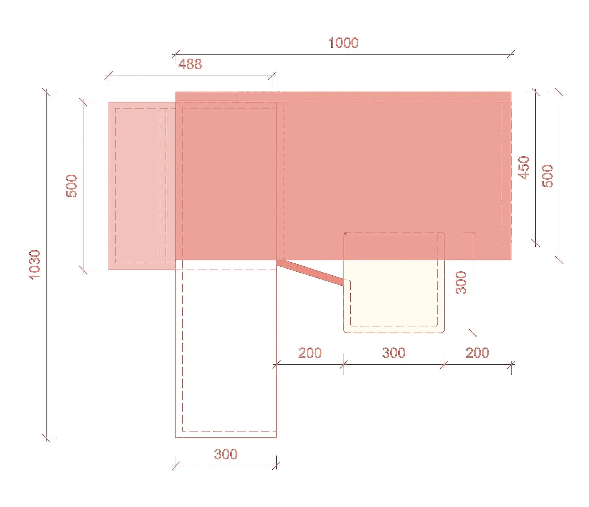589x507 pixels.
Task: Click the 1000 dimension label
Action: pyautogui.click(x=343, y=43)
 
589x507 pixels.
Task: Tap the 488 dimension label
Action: pyautogui.click(x=190, y=64)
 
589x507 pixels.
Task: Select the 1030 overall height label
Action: pyautogui.click(x=35, y=265)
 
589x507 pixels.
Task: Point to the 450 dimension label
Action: pyautogui.click(x=524, y=168)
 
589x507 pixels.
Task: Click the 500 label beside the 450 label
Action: pyautogui.click(x=548, y=176)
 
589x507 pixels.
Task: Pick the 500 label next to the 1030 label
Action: pyautogui.click(x=71, y=186)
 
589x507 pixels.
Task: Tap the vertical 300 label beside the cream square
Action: pyautogui.click(x=461, y=283)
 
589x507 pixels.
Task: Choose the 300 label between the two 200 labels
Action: pyautogui.click(x=394, y=353)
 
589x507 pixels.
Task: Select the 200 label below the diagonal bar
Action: pyautogui.click(x=310, y=353)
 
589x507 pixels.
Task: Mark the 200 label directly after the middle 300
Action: pyautogui.click(x=477, y=353)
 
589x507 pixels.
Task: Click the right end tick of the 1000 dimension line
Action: pyautogui.click(x=511, y=54)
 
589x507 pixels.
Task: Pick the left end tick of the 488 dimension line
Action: pyautogui.click(x=109, y=76)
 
